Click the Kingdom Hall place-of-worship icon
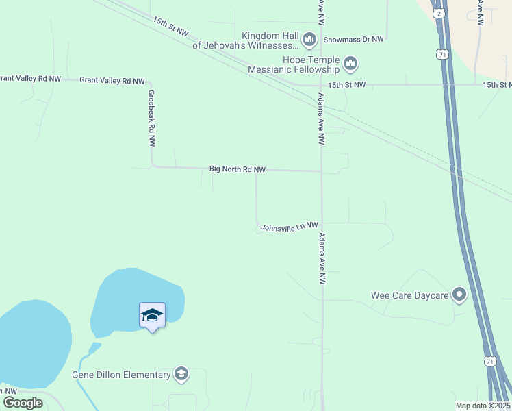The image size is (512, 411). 309,40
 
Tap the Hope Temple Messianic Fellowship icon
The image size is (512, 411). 350,64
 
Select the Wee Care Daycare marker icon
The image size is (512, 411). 459,295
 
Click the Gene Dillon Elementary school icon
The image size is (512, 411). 181,374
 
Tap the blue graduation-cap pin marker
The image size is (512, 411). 152,316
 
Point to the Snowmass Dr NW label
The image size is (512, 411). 353,40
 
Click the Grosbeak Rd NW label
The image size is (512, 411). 151,119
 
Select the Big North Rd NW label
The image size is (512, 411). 237,169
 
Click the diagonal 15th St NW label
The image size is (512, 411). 171,27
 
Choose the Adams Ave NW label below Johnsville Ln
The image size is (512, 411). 320,258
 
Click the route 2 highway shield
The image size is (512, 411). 437,12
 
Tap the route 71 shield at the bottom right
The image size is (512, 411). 489,361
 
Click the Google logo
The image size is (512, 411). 23,402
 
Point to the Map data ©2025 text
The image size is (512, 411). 482,406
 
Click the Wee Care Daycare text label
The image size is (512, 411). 409,295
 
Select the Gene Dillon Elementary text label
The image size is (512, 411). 121,375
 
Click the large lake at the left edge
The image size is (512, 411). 31,342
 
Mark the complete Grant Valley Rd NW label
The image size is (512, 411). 112,81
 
